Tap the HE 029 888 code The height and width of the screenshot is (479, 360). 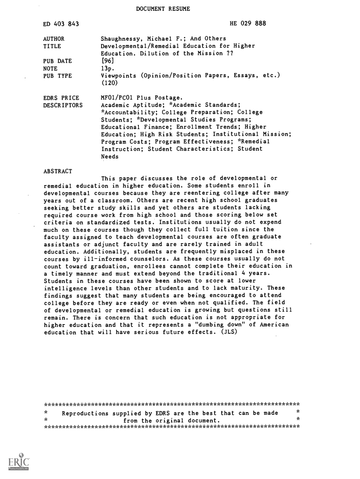(x=248, y=24)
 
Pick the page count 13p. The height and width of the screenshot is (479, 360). (x=108, y=68)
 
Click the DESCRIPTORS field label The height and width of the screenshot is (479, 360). (x=63, y=105)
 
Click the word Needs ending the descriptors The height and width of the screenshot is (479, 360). (x=110, y=157)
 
